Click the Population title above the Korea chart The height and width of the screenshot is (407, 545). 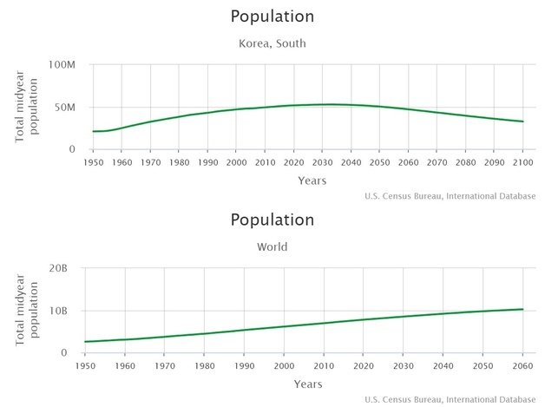pyautogui.click(x=272, y=16)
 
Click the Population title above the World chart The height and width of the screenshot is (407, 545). pyautogui.click(x=272, y=220)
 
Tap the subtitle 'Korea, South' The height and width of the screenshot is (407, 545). pyautogui.click(x=272, y=43)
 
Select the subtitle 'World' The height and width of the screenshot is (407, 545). pyautogui.click(x=272, y=246)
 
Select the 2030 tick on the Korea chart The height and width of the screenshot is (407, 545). pyautogui.click(x=322, y=162)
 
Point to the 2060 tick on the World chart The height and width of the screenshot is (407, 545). pyautogui.click(x=522, y=365)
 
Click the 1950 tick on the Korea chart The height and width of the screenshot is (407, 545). pyautogui.click(x=93, y=162)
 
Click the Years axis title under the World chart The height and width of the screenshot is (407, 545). pyautogui.click(x=307, y=384)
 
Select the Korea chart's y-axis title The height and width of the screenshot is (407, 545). pyautogui.click(x=25, y=108)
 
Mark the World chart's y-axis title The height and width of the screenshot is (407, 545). pyautogui.click(x=25, y=311)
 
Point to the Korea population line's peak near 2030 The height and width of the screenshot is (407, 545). pyautogui.click(x=328, y=104)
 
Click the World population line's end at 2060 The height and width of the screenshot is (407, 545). pyautogui.click(x=522, y=309)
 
